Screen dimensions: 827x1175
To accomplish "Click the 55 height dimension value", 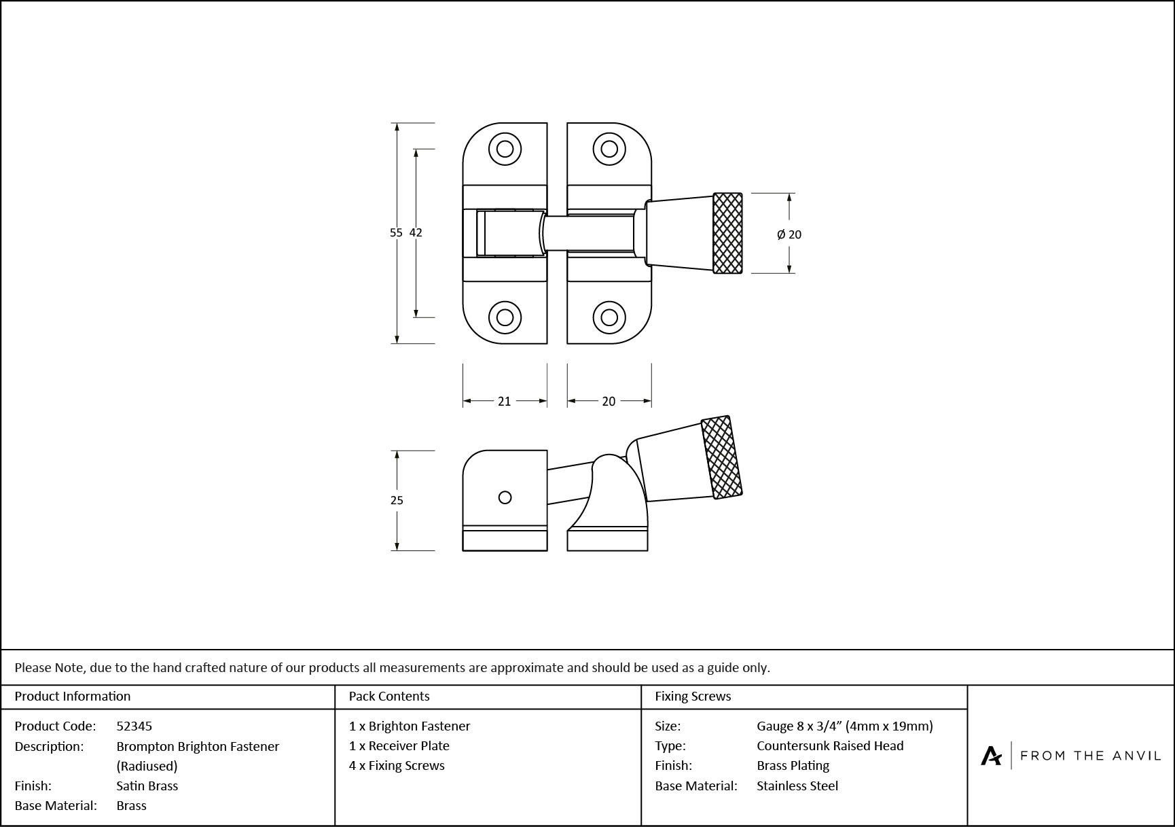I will coord(396,232).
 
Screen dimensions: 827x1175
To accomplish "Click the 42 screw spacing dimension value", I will coord(416,232).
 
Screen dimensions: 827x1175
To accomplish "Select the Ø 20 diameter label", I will coord(789,234).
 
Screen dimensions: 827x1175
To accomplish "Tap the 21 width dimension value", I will coord(504,402).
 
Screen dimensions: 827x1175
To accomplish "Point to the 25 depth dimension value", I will coord(397,500).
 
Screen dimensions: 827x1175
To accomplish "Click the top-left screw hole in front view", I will coord(505,149).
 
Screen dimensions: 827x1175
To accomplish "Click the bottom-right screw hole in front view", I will coord(609,317).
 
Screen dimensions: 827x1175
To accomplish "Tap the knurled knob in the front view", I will coord(727,233).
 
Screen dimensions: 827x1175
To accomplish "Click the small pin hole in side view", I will coord(505,497).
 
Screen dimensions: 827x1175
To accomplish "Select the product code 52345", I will coord(134,726).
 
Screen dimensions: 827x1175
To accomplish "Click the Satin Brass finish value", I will coord(147,786).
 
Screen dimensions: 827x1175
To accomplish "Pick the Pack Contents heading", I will coord(388,696).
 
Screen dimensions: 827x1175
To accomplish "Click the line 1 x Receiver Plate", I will coord(399,745).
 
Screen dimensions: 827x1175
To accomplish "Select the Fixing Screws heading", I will coord(692,696).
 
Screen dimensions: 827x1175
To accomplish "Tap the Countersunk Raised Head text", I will coord(829,745).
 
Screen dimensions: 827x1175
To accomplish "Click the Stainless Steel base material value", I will coord(797,786).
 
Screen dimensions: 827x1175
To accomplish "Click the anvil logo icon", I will coord(991,755).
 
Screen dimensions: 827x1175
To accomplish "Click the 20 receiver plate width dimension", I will coord(609,402).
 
